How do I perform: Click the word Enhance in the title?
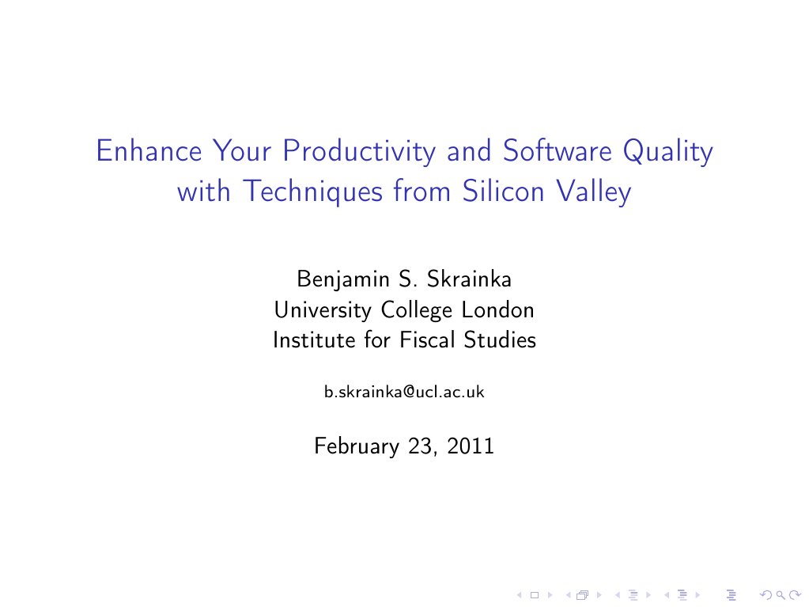pos(149,150)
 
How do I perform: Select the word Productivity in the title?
pos(359,152)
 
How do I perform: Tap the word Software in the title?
pos(558,150)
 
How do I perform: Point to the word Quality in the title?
pos(668,152)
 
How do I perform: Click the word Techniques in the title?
pos(313,192)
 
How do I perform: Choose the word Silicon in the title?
pos(503,191)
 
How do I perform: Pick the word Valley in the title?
pos(593,192)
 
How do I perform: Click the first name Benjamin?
pos(343,279)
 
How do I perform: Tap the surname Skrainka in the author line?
pos(469,279)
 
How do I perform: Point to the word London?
pos(498,309)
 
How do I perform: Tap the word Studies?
pos(500,340)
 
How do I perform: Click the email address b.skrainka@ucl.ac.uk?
pos(405,393)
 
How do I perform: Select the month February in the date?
pos(357,446)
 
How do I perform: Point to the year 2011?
pos(471,446)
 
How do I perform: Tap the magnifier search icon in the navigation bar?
pos(781,595)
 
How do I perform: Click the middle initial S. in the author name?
pos(407,279)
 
